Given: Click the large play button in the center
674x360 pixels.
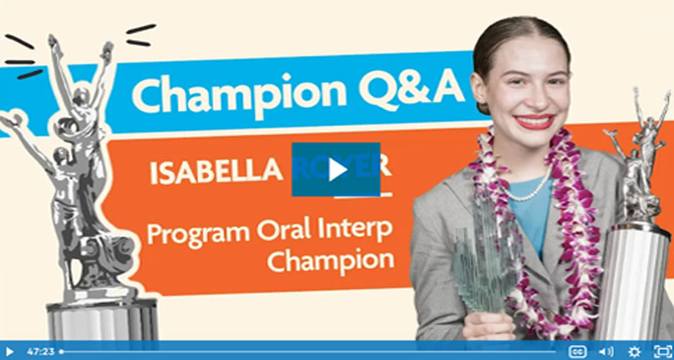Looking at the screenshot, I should coord(336,170).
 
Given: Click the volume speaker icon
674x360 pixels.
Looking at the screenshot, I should coord(606,352).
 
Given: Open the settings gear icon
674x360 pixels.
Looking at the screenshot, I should coord(634,352).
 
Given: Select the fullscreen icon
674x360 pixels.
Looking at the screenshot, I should coord(661,352).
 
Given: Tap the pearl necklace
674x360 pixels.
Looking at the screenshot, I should coord(528,190).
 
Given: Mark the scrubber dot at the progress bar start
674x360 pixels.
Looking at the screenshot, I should coord(62,352).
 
